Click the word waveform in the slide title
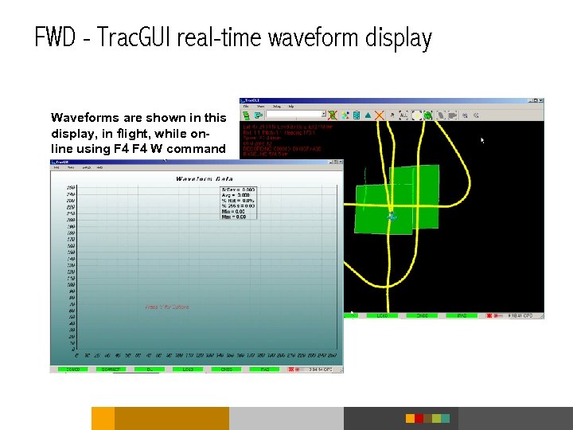coord(306,37)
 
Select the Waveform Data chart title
coord(205,178)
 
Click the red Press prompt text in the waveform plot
coord(167,307)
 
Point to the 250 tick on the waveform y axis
coord(71,187)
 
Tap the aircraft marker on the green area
coord(391,216)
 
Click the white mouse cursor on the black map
coord(482,140)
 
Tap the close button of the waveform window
coord(339,162)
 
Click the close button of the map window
coord(540,101)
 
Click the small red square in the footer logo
coord(410,418)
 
